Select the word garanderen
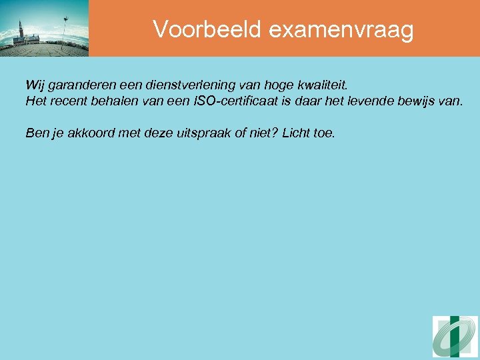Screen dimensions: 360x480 click(79, 85)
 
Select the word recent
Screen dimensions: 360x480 click(69, 101)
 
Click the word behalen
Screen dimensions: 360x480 click(116, 101)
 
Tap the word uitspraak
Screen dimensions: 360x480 click(195, 133)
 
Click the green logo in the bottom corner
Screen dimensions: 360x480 click(455, 337)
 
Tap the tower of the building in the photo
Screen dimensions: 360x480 click(21, 29)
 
